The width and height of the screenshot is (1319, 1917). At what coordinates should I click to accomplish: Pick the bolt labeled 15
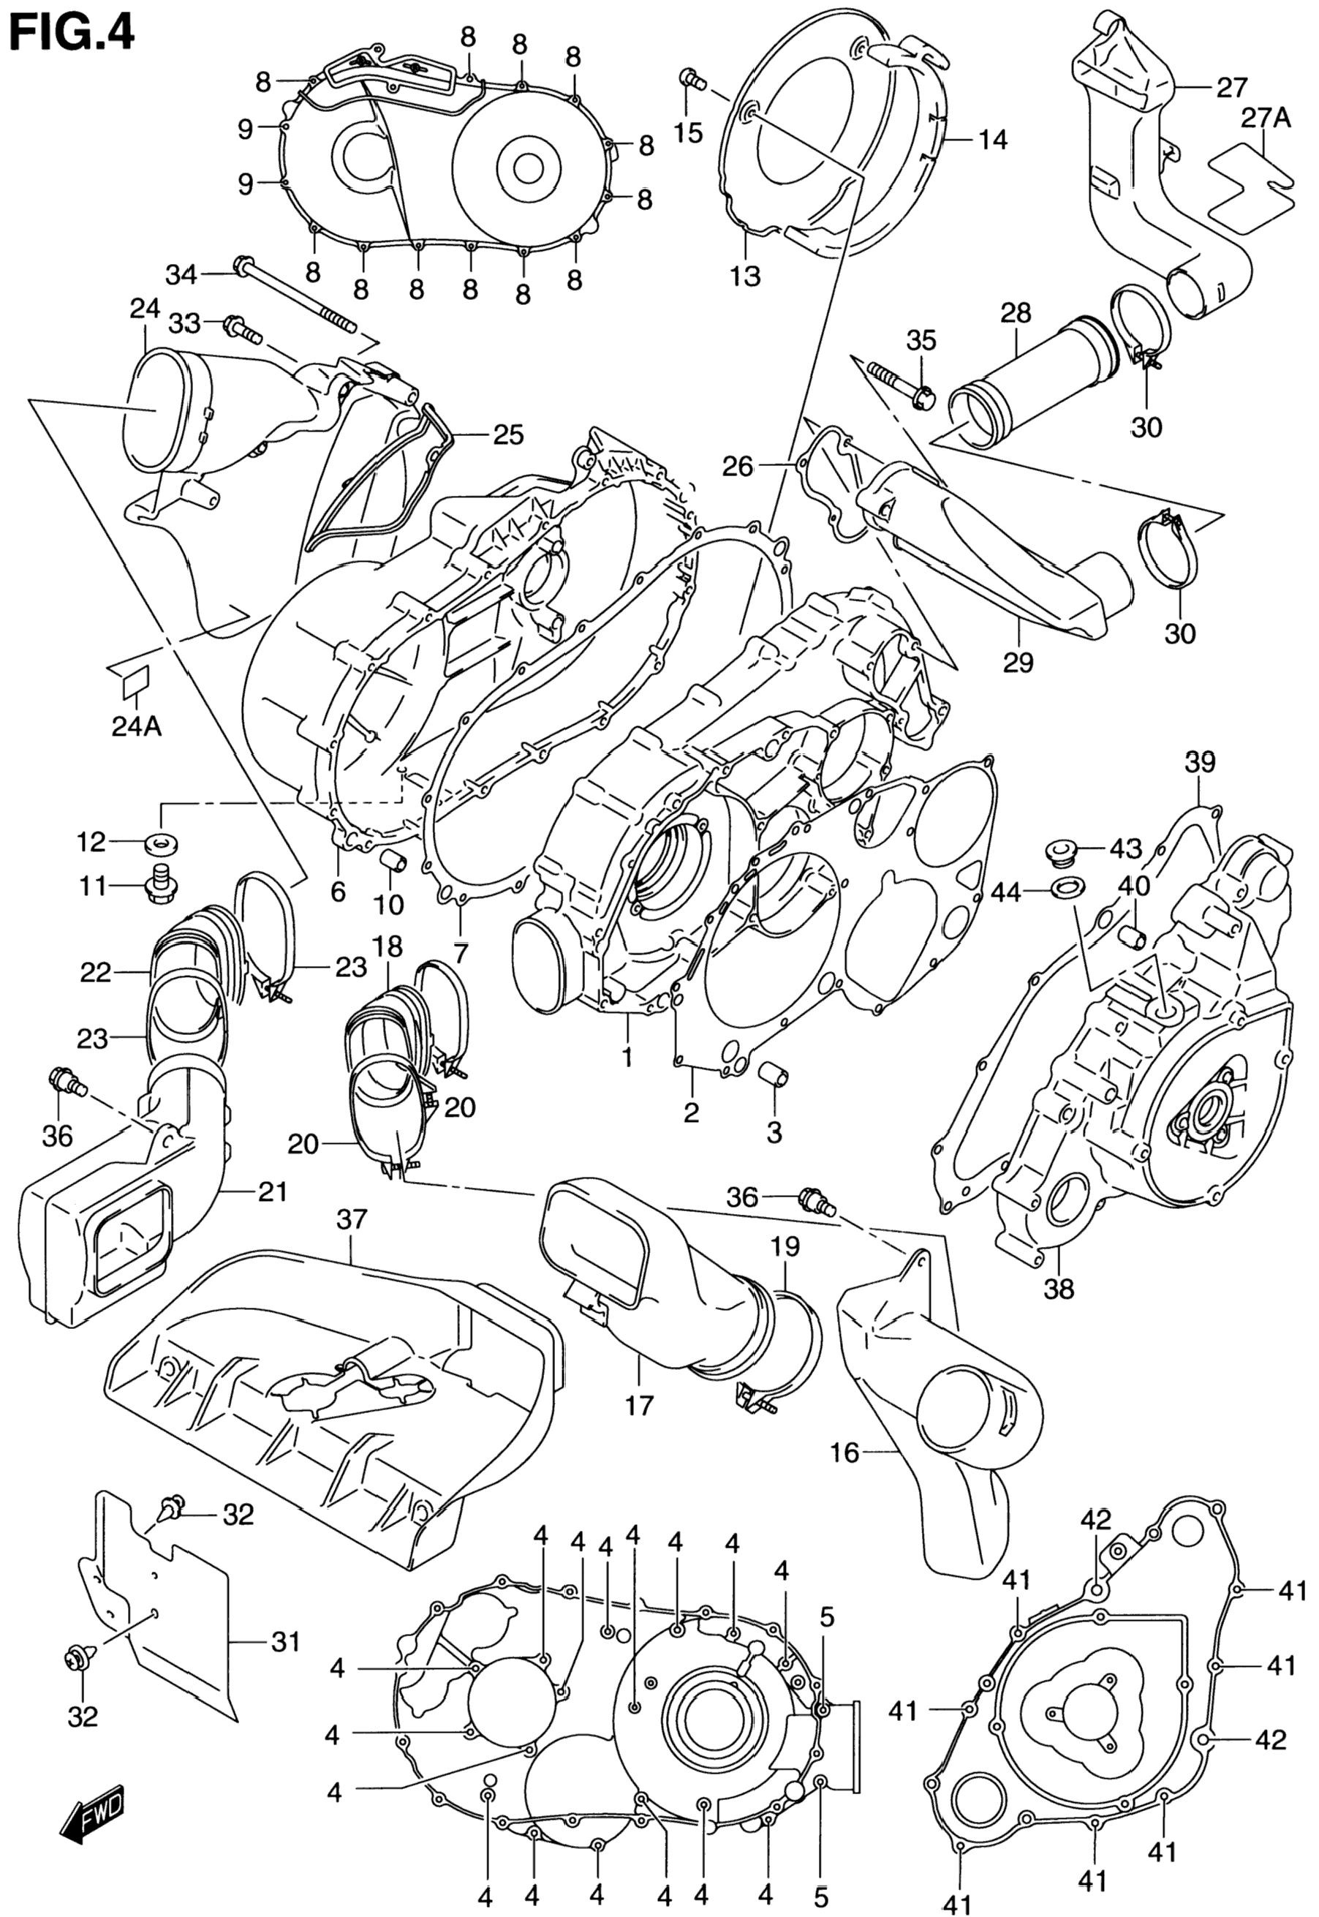[x=692, y=80]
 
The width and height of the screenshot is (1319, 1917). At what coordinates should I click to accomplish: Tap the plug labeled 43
[x=1059, y=851]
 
